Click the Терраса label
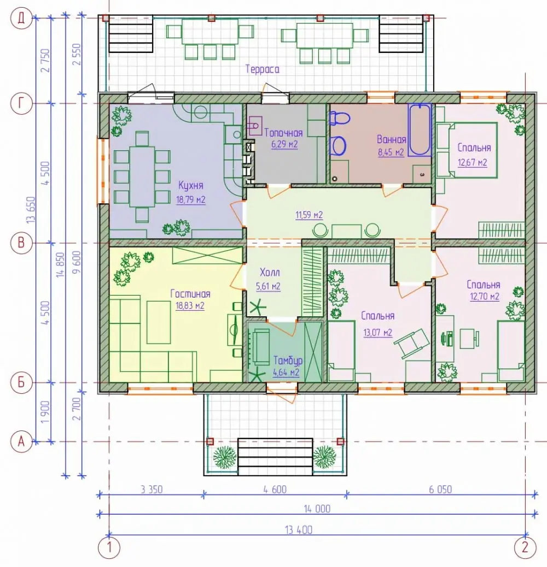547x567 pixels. point(263,69)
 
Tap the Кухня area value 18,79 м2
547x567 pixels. point(191,199)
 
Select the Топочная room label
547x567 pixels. point(283,133)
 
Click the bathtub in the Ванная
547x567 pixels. point(420,130)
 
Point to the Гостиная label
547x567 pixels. point(190,294)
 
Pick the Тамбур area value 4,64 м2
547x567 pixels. point(286,372)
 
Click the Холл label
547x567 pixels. point(270,272)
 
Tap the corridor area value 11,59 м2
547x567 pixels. point(309,215)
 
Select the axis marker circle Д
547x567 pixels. point(21,18)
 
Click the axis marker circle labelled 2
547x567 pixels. point(525,547)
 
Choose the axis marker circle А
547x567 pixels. point(21,441)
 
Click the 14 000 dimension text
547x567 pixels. point(317,509)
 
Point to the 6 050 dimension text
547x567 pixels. point(440,489)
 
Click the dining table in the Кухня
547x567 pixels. point(142,177)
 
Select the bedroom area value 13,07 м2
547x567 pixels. point(377,332)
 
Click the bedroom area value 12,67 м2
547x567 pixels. point(472,162)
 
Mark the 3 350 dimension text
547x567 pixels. point(152,489)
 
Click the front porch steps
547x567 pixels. point(275,457)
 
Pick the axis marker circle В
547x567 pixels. point(21,243)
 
